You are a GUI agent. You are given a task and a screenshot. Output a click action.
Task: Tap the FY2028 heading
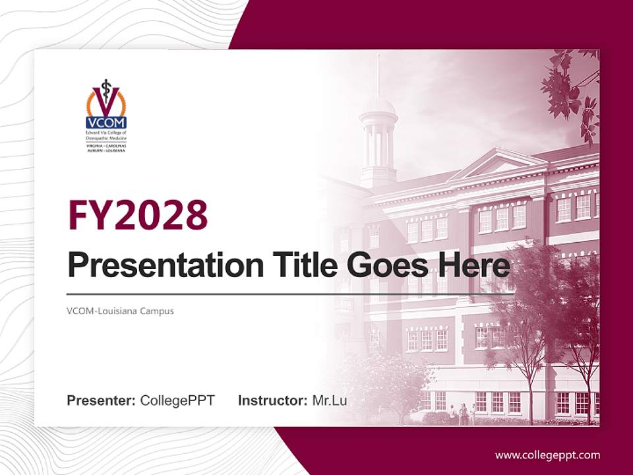[138, 214]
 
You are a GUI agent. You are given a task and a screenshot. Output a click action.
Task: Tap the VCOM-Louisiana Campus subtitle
[120, 310]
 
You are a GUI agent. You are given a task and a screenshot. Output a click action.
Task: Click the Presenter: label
[102, 400]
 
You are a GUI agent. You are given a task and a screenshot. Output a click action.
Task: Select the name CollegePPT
[177, 400]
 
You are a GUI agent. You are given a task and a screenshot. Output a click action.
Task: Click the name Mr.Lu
[330, 400]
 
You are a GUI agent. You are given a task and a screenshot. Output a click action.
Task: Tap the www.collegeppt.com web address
[547, 455]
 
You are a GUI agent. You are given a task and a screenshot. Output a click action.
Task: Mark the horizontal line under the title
[264, 294]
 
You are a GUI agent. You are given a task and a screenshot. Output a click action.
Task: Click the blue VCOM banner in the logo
[105, 122]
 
